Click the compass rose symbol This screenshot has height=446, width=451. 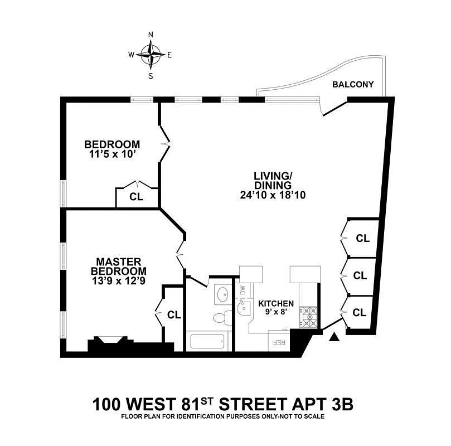point(151,55)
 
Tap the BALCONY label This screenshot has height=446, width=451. point(357,85)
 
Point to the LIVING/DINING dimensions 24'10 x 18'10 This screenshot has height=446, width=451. point(273,195)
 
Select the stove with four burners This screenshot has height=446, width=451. point(308,318)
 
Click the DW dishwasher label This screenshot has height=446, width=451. point(243,290)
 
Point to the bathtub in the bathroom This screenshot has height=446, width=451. point(208,341)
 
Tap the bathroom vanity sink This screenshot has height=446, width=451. point(222,294)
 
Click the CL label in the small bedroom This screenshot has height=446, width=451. point(136,196)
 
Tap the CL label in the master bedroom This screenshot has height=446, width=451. point(174,315)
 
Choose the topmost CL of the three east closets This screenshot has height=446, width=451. point(363,238)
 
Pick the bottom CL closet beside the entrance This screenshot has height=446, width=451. point(360,313)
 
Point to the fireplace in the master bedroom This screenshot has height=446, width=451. point(107,342)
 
